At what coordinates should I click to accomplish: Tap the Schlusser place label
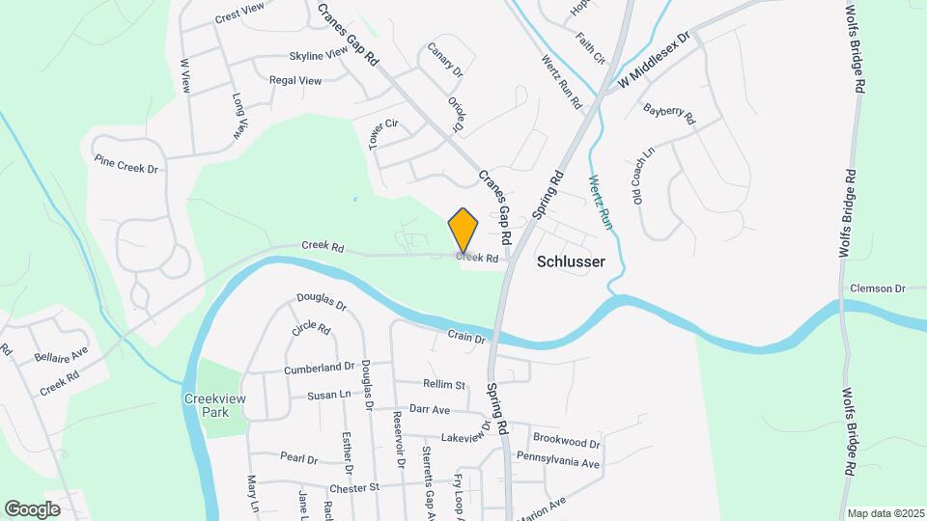(x=570, y=260)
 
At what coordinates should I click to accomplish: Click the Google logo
(x=32, y=508)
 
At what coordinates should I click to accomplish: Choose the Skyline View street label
(x=318, y=55)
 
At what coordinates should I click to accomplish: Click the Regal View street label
(x=295, y=81)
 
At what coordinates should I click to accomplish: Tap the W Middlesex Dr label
(x=657, y=63)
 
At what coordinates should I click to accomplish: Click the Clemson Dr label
(x=877, y=288)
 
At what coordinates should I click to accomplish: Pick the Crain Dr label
(x=465, y=336)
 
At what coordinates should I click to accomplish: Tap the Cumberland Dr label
(x=320, y=368)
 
